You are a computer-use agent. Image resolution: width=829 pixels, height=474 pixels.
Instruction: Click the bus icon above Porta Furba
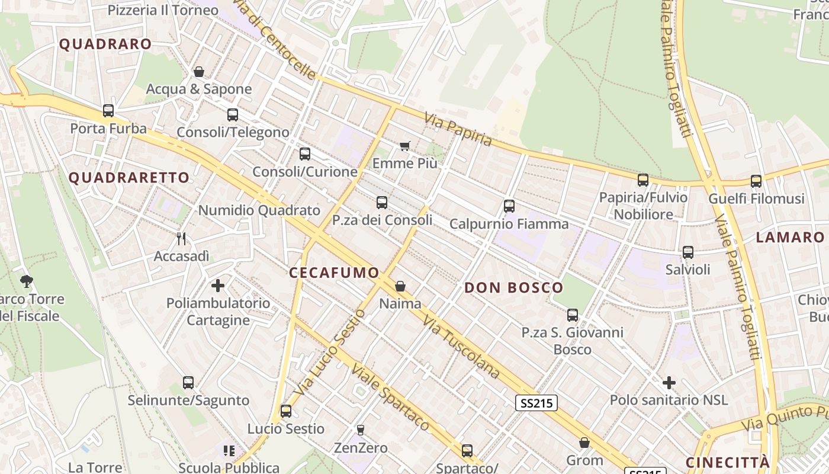point(108,110)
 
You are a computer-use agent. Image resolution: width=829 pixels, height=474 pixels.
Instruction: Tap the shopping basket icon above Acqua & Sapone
point(199,72)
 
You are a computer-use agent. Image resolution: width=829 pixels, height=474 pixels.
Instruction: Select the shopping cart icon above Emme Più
point(405,146)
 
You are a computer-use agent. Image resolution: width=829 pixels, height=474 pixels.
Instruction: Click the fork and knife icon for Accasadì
point(181,239)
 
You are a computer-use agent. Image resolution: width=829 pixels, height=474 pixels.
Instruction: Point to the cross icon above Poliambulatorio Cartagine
point(218,286)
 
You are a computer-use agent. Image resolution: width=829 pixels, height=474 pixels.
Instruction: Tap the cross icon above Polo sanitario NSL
point(669,383)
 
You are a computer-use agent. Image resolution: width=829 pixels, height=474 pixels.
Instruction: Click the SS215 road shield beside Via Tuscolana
point(536,403)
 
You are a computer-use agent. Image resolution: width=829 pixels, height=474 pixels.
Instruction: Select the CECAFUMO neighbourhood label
point(334,273)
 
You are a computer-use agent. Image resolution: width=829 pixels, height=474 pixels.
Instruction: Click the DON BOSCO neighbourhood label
point(514,288)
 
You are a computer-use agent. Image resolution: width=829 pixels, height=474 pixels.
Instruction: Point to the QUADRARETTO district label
point(129,177)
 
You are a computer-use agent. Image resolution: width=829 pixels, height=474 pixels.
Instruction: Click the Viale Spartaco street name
point(390,397)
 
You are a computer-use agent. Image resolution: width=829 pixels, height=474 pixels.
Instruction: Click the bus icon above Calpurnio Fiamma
point(509,206)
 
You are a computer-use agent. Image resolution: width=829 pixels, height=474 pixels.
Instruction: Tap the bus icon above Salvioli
point(687,252)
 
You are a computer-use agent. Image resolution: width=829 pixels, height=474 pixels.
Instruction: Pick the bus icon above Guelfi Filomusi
point(756,181)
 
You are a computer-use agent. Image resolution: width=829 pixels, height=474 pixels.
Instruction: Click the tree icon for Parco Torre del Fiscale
point(26,281)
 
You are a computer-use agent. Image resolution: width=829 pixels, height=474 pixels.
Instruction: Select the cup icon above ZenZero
point(360,430)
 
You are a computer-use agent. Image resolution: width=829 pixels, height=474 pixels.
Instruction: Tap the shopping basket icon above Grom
point(584,443)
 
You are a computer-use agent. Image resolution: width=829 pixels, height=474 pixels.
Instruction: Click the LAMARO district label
point(791,238)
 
